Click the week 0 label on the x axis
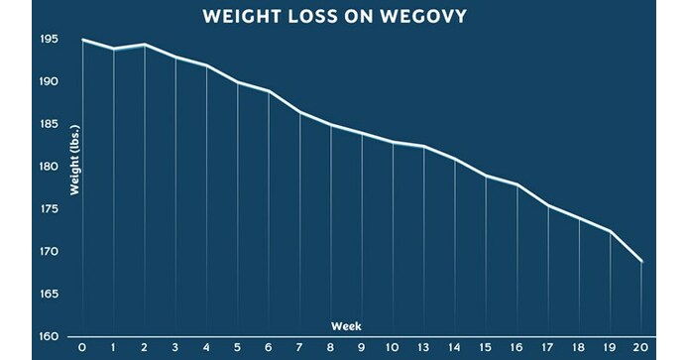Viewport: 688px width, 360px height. [82, 349]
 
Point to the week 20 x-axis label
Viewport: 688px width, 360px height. [642, 349]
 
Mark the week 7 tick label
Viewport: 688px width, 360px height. [300, 349]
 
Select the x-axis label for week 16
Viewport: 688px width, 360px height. [517, 349]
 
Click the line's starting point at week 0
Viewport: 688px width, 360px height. [82, 41]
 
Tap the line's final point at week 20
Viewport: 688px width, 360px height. [642, 262]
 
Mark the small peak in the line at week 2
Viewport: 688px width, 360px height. [145, 45]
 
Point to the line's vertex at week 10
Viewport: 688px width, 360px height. [394, 142]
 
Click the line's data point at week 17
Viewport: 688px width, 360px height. [549, 205]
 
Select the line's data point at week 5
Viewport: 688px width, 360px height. [238, 82]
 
